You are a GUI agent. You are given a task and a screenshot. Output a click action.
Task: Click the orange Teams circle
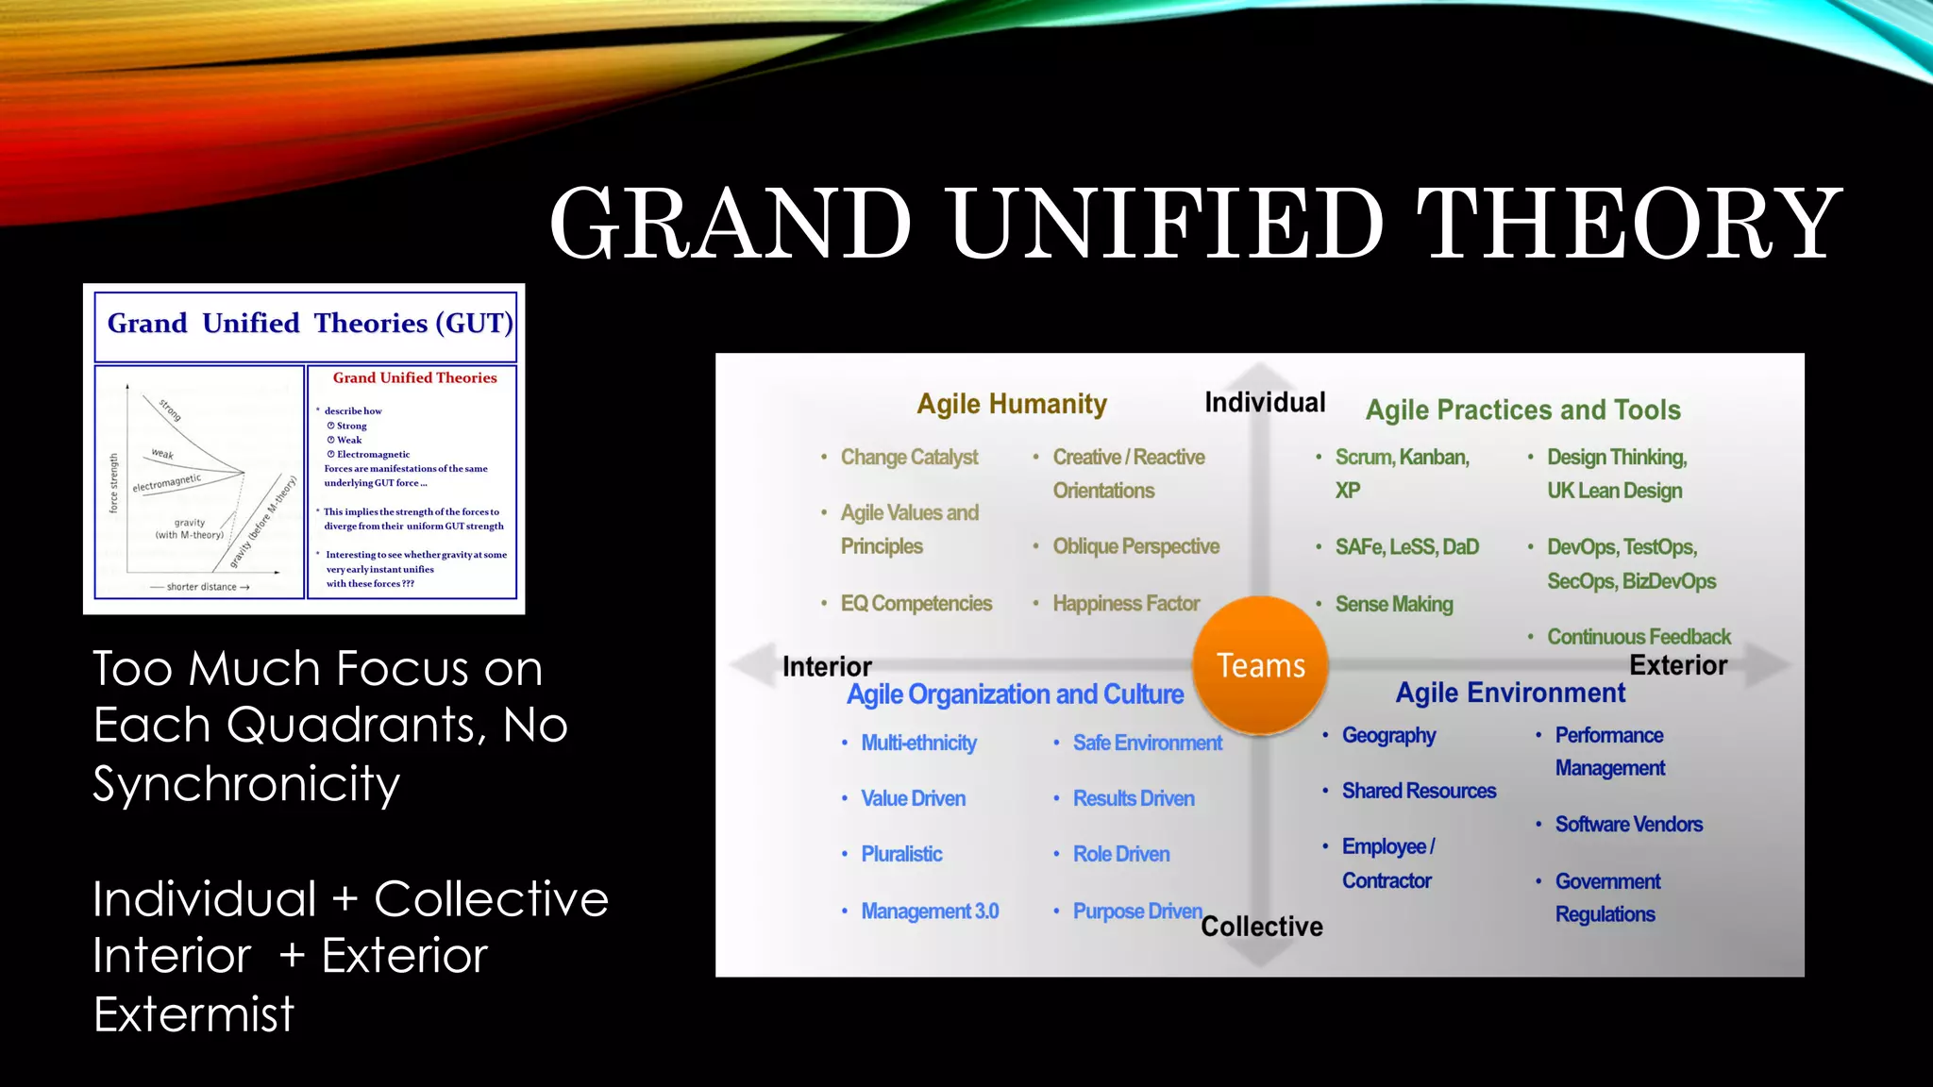[1260, 665]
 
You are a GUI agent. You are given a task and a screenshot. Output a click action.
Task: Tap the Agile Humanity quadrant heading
[1012, 404]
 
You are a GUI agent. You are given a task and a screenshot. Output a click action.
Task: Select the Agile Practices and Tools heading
[1522, 410]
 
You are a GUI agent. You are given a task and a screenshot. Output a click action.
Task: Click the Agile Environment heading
[1510, 693]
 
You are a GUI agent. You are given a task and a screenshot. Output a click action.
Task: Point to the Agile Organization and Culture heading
[1015, 694]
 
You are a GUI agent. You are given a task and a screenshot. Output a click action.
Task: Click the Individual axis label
[1265, 402]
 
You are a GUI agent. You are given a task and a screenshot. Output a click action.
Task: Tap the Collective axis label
[1262, 927]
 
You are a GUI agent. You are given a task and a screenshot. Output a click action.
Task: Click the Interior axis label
[827, 666]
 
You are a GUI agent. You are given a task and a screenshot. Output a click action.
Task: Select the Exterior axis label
[1678, 665]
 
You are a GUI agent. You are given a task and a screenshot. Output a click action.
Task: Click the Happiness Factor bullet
[1125, 603]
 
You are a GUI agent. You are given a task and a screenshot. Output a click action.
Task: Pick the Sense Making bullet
[1393, 604]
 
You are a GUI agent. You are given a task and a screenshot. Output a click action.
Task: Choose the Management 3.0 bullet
[929, 911]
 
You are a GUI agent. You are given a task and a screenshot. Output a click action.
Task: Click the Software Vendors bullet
[1628, 824]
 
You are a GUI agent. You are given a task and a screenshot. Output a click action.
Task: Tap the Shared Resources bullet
[1419, 791]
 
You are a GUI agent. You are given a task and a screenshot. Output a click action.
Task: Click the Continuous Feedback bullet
[1639, 637]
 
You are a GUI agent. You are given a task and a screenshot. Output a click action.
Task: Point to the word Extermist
[194, 1014]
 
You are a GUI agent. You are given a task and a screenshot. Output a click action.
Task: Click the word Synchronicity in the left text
[246, 783]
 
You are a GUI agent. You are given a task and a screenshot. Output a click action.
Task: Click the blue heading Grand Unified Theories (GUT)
[310, 324]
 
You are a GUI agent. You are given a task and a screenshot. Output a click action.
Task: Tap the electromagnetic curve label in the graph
[166, 483]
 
